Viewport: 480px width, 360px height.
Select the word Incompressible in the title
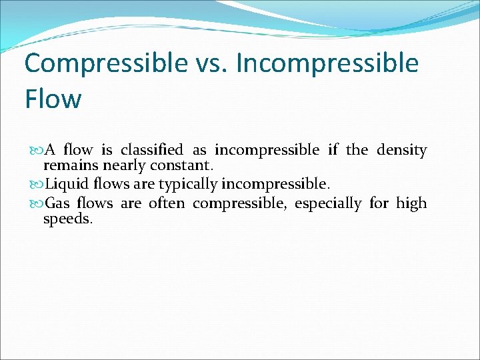(327, 64)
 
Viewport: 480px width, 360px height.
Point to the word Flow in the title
(53, 99)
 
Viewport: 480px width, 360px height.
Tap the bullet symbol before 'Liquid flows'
(35, 184)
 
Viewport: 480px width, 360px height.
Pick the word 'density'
(401, 150)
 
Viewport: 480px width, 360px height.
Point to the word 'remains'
(71, 165)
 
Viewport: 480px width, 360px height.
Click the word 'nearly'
(124, 165)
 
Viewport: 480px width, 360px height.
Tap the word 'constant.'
(181, 165)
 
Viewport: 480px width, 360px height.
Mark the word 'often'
(167, 203)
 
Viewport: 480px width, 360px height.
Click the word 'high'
(411, 203)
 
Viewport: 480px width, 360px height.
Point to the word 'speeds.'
(68, 218)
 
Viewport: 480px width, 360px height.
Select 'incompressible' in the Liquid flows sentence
(275, 183)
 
